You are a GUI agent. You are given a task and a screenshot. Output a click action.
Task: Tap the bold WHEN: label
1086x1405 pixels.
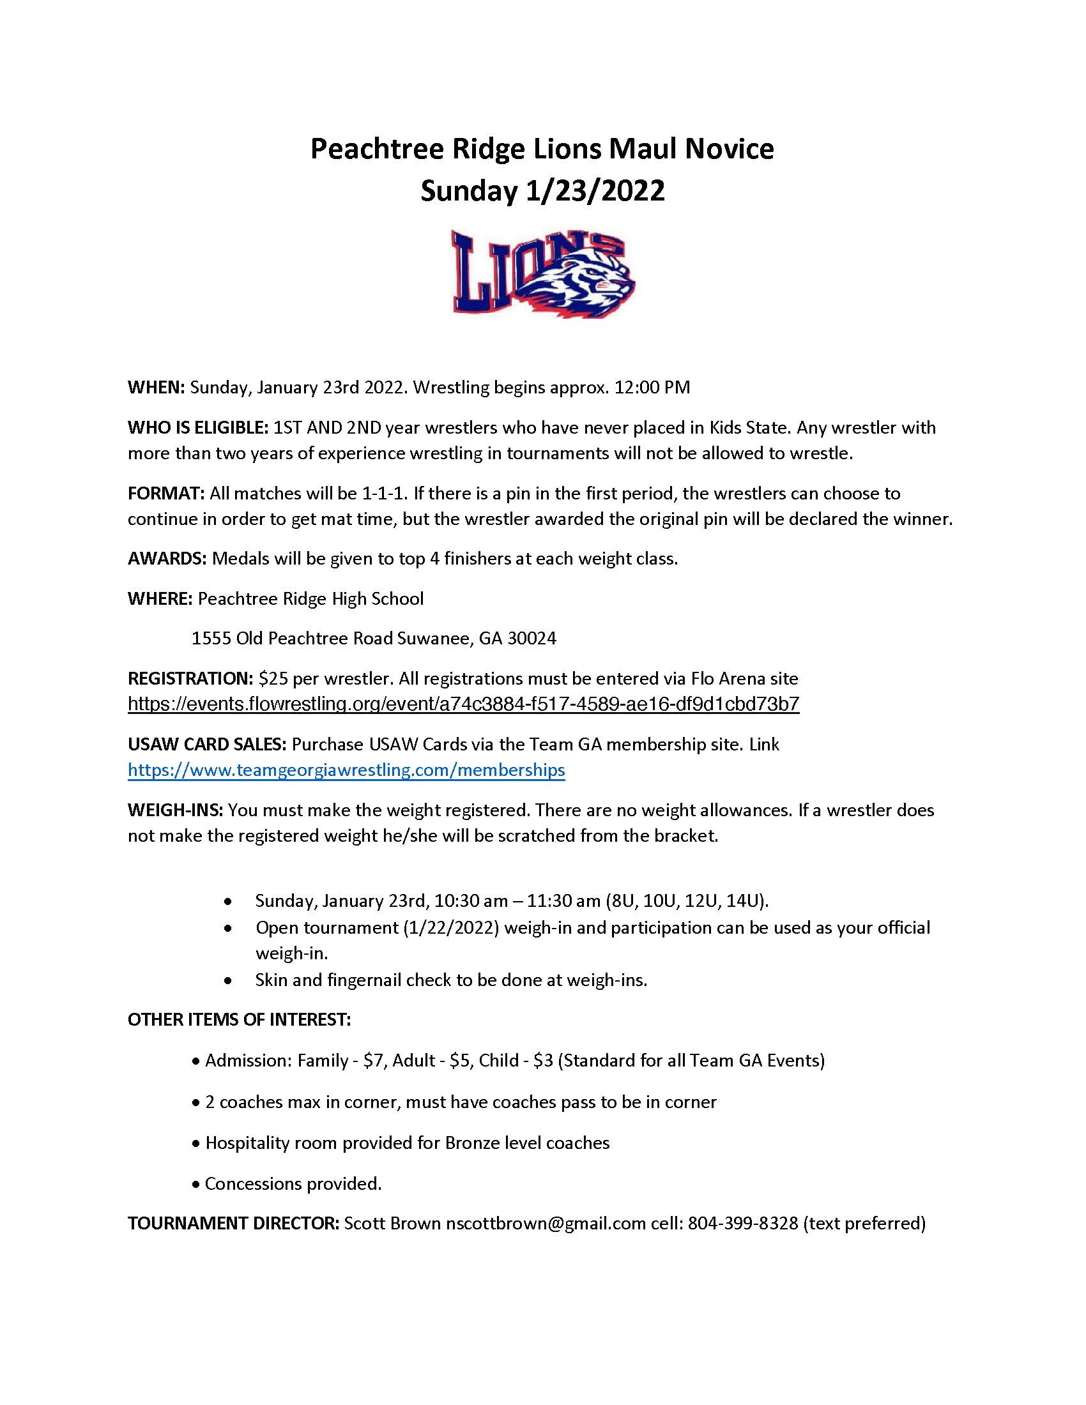click(x=157, y=387)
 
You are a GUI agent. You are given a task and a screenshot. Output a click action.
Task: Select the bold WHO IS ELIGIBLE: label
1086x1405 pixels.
click(x=197, y=427)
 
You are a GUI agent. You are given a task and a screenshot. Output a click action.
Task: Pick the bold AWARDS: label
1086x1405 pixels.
click(x=167, y=558)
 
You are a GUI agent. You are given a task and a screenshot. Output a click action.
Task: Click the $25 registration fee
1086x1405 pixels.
click(x=271, y=678)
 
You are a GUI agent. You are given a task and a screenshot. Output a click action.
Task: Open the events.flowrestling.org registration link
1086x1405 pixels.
click(x=463, y=704)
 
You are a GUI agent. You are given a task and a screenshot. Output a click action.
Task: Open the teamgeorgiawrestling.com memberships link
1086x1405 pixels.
click(x=346, y=770)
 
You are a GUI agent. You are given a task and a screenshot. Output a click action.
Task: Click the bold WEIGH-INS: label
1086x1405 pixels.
click(x=175, y=810)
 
